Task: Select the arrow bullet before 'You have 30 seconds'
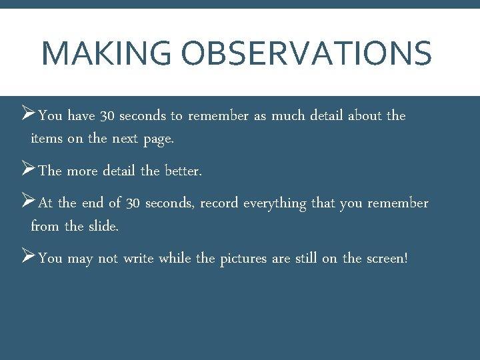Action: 27,115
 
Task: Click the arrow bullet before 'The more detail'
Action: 27,170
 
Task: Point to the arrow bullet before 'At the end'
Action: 27,202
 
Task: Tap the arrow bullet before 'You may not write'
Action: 27,257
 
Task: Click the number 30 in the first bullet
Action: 107,116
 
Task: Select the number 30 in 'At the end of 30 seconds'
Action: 133,203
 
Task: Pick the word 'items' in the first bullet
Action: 45,139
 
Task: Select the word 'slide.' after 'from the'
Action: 103,227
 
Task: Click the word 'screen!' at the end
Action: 386,259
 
